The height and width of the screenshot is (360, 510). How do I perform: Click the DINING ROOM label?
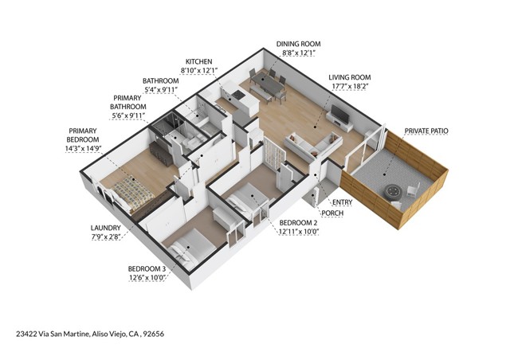coord(298,44)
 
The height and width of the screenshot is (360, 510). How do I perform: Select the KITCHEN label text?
coord(198,61)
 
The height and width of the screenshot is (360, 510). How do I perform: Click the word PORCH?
coord(331,214)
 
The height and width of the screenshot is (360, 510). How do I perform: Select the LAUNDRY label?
coord(104,227)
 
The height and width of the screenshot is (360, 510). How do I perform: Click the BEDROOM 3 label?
coord(147,268)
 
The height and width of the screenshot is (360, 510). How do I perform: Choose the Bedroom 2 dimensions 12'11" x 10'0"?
coord(298,233)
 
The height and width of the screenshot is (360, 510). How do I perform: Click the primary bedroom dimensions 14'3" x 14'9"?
coord(83,147)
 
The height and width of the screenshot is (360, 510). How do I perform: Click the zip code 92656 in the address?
coord(155,334)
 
